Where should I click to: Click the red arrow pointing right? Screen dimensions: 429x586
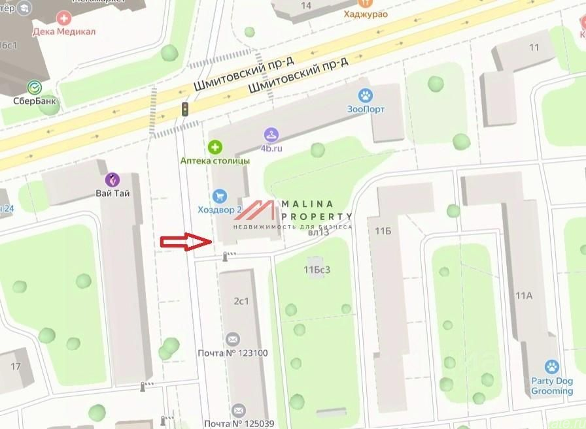[x=186, y=242]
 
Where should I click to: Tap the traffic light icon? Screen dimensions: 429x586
[x=185, y=109]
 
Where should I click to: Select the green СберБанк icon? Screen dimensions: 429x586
[x=33, y=87]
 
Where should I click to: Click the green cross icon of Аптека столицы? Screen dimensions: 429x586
[x=215, y=147]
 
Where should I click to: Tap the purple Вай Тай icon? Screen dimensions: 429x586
[x=113, y=180]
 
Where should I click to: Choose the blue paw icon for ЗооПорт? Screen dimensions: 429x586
[x=366, y=95]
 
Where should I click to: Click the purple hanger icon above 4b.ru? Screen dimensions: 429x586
[x=271, y=135]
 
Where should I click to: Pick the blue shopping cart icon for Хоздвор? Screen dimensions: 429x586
[x=220, y=195]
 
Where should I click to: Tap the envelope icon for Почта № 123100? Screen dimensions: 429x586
[x=232, y=340]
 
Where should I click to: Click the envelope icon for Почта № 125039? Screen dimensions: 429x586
[x=238, y=411]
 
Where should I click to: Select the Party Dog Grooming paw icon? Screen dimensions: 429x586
[x=552, y=367]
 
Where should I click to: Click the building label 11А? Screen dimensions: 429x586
[x=524, y=296]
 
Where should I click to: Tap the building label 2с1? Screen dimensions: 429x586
[x=241, y=301]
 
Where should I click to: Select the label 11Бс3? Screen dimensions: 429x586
[x=317, y=268]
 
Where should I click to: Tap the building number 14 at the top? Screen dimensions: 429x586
[x=305, y=6]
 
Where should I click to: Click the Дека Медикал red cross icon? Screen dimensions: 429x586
[x=65, y=18]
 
